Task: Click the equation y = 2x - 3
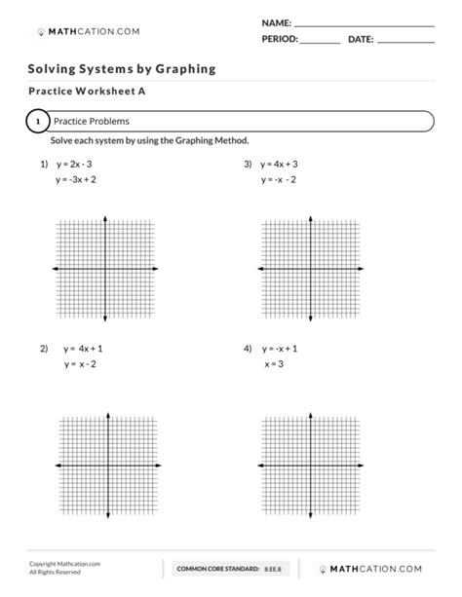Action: (x=76, y=165)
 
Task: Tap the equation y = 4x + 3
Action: (x=279, y=165)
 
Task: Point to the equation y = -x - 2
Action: (x=279, y=180)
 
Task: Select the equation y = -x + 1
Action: (x=280, y=348)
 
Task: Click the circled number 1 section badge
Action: (x=36, y=122)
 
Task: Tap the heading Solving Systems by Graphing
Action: (x=122, y=69)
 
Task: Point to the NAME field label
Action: (x=276, y=21)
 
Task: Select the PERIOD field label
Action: (x=280, y=39)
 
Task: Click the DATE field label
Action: (x=360, y=39)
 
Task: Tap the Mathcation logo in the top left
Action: (x=88, y=31)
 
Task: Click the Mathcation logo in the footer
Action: (x=374, y=567)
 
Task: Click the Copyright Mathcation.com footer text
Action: (x=64, y=563)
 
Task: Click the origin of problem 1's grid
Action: (x=106, y=268)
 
